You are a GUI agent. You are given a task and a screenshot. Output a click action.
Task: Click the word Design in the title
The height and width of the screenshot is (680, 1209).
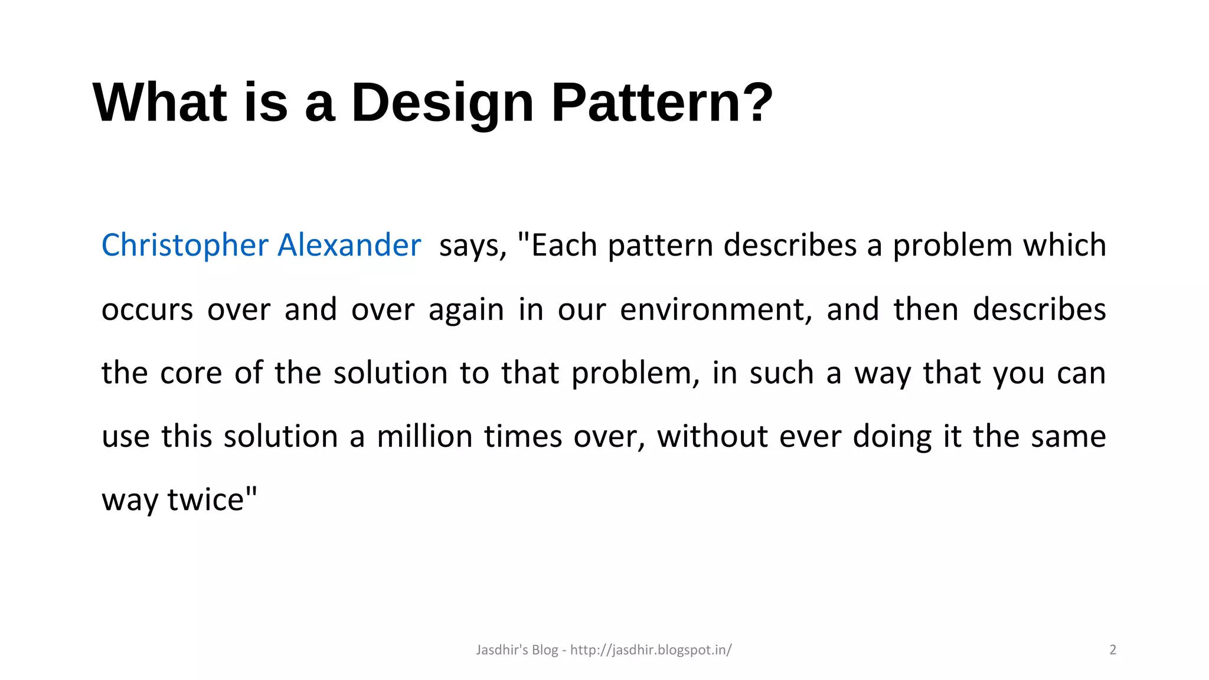coord(442,103)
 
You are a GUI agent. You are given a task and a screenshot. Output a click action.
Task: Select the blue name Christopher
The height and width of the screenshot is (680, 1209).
coord(185,245)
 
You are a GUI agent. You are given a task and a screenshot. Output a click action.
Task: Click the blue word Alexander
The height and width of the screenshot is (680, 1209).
coord(349,245)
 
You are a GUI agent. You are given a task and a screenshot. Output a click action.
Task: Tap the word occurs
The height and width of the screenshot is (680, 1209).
coord(147,310)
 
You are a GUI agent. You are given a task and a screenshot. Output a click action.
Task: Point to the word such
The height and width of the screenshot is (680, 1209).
coord(781,374)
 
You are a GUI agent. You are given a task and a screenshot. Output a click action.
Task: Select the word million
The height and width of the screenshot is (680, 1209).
coord(424,437)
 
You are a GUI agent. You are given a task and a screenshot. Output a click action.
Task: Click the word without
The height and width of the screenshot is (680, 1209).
coord(713,437)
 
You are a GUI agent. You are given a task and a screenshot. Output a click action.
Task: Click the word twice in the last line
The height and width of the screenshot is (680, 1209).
coord(205,500)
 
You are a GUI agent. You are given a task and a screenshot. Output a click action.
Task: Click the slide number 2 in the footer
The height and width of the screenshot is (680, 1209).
coord(1113,650)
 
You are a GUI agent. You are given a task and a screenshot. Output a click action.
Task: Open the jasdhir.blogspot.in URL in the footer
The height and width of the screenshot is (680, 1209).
coord(651,650)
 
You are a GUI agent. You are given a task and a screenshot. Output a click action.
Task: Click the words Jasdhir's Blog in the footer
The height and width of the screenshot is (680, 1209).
coord(517,650)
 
